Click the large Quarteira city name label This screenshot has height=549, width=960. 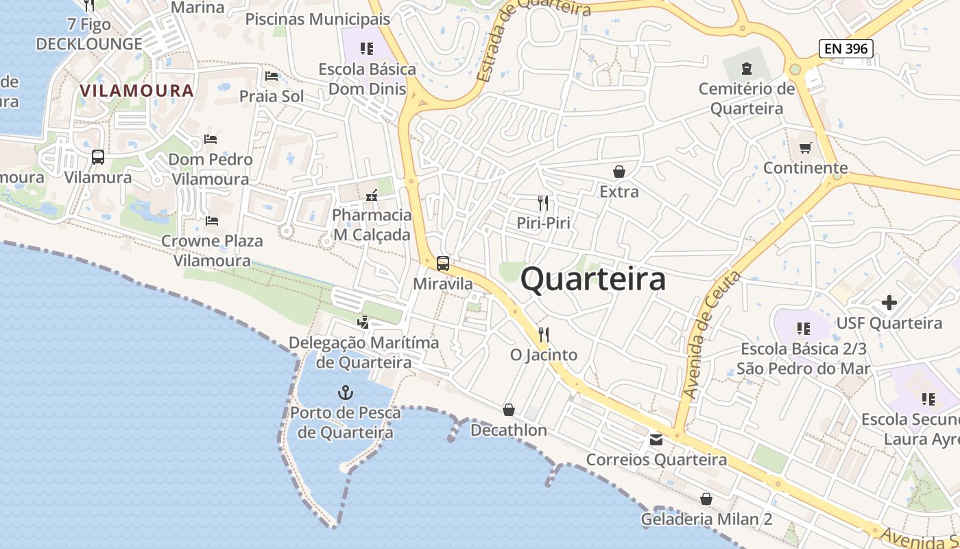[593, 279]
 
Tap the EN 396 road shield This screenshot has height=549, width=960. [845, 48]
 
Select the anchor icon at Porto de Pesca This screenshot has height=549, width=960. [346, 393]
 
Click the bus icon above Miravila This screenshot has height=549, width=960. [443, 263]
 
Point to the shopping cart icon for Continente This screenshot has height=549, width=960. [806, 148]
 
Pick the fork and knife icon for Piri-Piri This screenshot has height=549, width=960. [543, 202]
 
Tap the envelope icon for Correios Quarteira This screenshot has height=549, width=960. [656, 440]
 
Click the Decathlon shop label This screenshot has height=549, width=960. [509, 430]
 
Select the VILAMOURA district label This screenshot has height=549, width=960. [137, 91]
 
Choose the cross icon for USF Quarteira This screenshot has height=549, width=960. [889, 302]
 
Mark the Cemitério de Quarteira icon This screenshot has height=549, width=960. [746, 68]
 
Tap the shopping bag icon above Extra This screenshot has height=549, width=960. [619, 172]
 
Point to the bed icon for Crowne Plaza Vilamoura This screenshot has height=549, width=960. [212, 221]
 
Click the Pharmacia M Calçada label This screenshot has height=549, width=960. [372, 224]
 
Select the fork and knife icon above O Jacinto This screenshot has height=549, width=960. [544, 335]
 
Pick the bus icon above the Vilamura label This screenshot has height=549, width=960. [98, 157]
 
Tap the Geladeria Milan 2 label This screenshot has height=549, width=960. [706, 519]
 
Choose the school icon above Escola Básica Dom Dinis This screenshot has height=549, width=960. [367, 49]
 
